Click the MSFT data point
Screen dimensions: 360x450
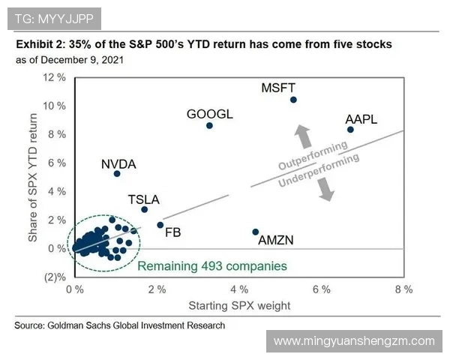(293, 100)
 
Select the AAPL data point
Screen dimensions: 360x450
(350, 130)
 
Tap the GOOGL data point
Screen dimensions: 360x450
(209, 125)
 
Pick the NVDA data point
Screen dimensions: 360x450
(117, 174)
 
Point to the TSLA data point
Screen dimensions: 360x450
(145, 209)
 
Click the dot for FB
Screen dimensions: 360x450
(160, 225)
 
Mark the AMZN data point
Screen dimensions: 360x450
(256, 232)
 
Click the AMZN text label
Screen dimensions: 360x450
(275, 241)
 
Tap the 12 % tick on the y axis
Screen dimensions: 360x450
(55, 78)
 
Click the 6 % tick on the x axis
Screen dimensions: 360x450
(321, 289)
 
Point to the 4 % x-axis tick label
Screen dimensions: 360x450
(238, 289)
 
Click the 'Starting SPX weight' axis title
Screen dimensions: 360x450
(238, 305)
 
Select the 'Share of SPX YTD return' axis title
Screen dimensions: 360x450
(33, 178)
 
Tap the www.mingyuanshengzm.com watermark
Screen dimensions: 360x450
(354, 341)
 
